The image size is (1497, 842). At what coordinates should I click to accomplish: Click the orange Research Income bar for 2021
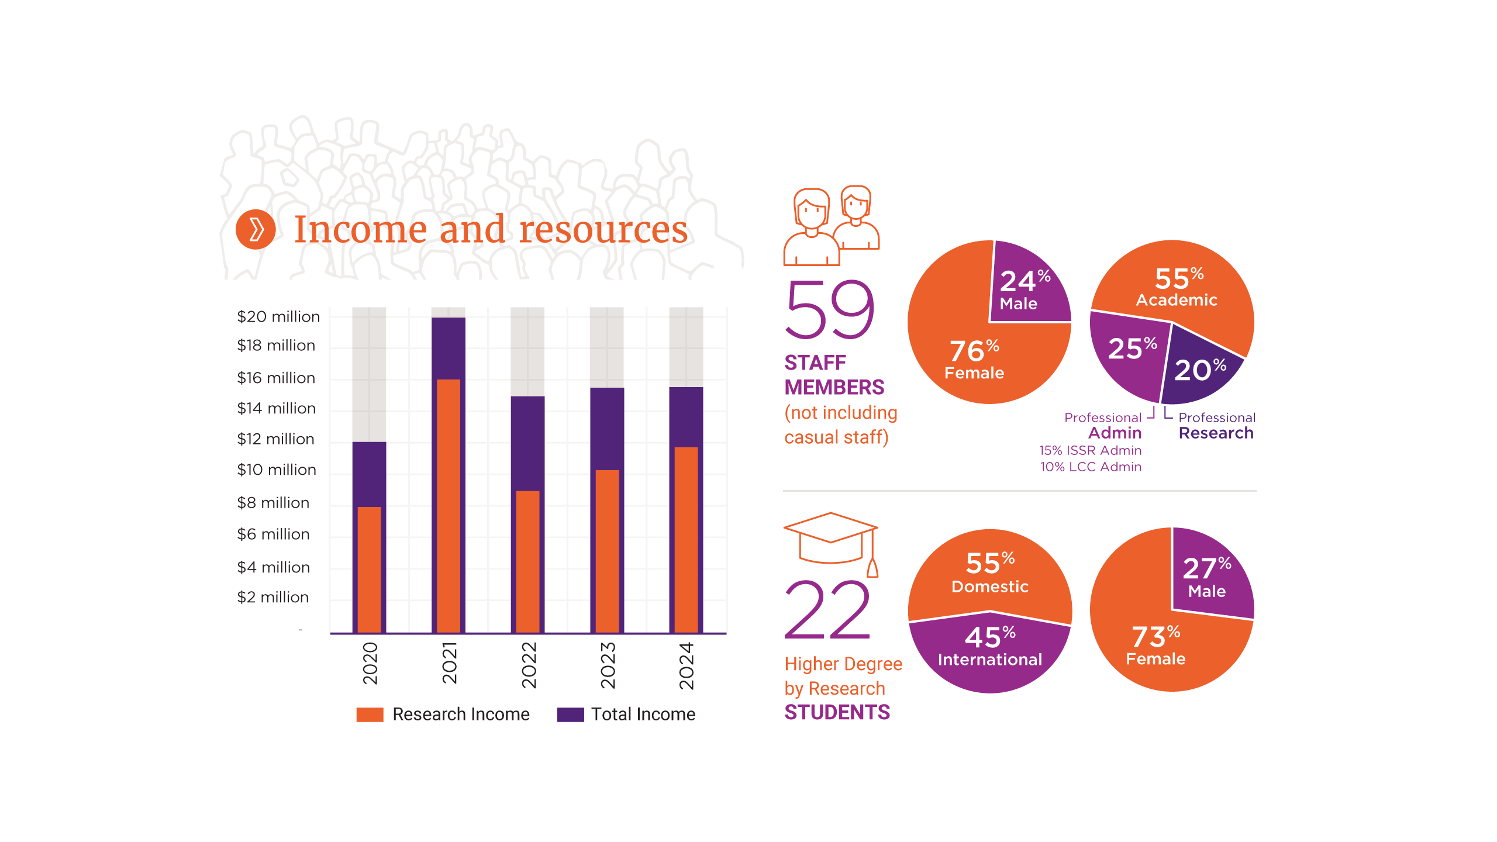coord(449,506)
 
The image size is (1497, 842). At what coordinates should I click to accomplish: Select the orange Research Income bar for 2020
coord(369,570)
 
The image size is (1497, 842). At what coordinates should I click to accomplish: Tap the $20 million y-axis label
coord(278,317)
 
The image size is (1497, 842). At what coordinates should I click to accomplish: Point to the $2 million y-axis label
coord(273,597)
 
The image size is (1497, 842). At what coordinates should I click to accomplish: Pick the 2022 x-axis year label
coord(529,665)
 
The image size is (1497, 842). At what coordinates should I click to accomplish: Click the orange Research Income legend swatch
coord(370,715)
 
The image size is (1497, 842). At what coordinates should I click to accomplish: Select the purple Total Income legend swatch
coord(570,715)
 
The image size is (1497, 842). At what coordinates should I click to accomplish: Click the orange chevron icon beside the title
coord(256,229)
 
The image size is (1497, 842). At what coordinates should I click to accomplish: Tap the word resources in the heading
coord(603,229)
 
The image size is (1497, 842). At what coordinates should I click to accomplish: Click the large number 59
coord(830,310)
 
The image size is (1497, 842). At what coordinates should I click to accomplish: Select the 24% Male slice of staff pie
coord(1029,287)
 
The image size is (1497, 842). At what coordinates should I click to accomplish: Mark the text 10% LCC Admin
coord(1091,467)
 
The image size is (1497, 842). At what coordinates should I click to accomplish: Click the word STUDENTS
coord(837,713)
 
